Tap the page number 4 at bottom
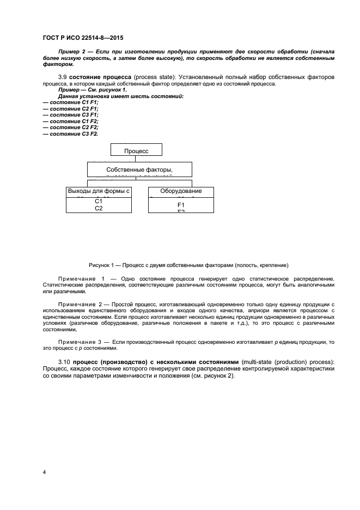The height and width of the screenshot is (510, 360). click(x=44, y=471)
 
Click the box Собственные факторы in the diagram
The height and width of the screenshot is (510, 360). click(x=139, y=169)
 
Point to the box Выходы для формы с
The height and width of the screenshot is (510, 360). click(x=99, y=191)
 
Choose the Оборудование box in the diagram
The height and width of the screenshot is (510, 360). click(x=181, y=191)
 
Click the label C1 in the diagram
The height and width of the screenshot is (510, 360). click(x=99, y=202)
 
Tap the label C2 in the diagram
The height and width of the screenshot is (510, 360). click(x=99, y=208)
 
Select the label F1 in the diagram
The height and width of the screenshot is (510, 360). click(x=181, y=205)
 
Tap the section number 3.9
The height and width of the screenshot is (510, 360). click(x=63, y=77)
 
